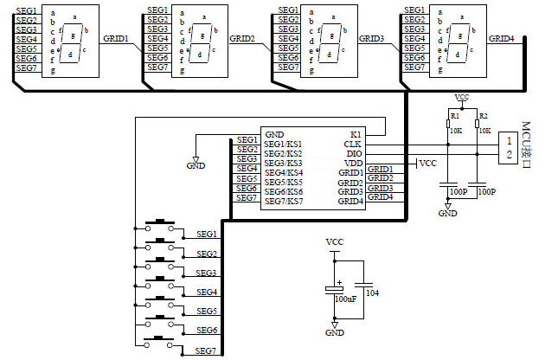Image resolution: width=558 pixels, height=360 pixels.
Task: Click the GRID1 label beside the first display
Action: pos(116,39)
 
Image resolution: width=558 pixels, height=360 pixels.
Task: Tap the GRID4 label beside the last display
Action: pos(501,39)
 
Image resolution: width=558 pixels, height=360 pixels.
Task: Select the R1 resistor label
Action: pos(454,115)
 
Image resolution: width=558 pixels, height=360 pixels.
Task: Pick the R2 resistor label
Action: pos(483,115)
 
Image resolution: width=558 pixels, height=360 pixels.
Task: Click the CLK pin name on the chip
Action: pos(352,144)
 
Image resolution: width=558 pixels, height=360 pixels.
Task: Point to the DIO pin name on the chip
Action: pos(352,153)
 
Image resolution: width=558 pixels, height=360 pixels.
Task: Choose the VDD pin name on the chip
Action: pos(352,163)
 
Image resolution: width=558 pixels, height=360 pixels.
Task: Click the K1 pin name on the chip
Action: pos(356,134)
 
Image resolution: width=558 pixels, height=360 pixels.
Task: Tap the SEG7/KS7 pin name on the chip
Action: pos(284,201)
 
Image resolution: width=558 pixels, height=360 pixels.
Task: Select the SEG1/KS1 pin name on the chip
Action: pos(284,144)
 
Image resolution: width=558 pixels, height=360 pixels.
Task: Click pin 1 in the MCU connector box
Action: pos(510,140)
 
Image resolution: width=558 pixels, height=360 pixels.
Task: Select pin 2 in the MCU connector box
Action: pos(510,154)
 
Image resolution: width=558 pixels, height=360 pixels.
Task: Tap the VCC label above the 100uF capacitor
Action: pos(334,241)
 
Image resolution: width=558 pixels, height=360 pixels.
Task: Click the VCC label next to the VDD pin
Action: pos(427,163)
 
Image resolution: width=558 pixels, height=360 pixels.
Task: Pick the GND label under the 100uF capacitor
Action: pos(334,332)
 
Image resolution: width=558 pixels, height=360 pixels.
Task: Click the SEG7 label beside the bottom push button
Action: pos(206,350)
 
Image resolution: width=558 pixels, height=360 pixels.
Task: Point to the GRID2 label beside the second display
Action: pos(242,39)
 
